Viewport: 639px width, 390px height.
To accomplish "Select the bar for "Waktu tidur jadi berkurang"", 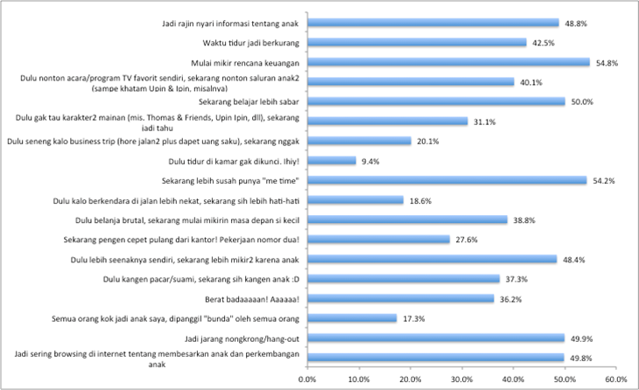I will click(417, 42).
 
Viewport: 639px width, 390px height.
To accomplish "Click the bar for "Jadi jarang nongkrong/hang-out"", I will click(435, 338).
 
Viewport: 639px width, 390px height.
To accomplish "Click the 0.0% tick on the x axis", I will click(307, 379).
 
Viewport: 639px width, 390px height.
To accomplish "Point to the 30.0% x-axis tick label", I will click(461, 379).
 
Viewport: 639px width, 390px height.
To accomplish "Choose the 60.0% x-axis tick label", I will click(616, 379).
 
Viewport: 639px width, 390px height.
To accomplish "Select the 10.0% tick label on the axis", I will click(359, 379).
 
